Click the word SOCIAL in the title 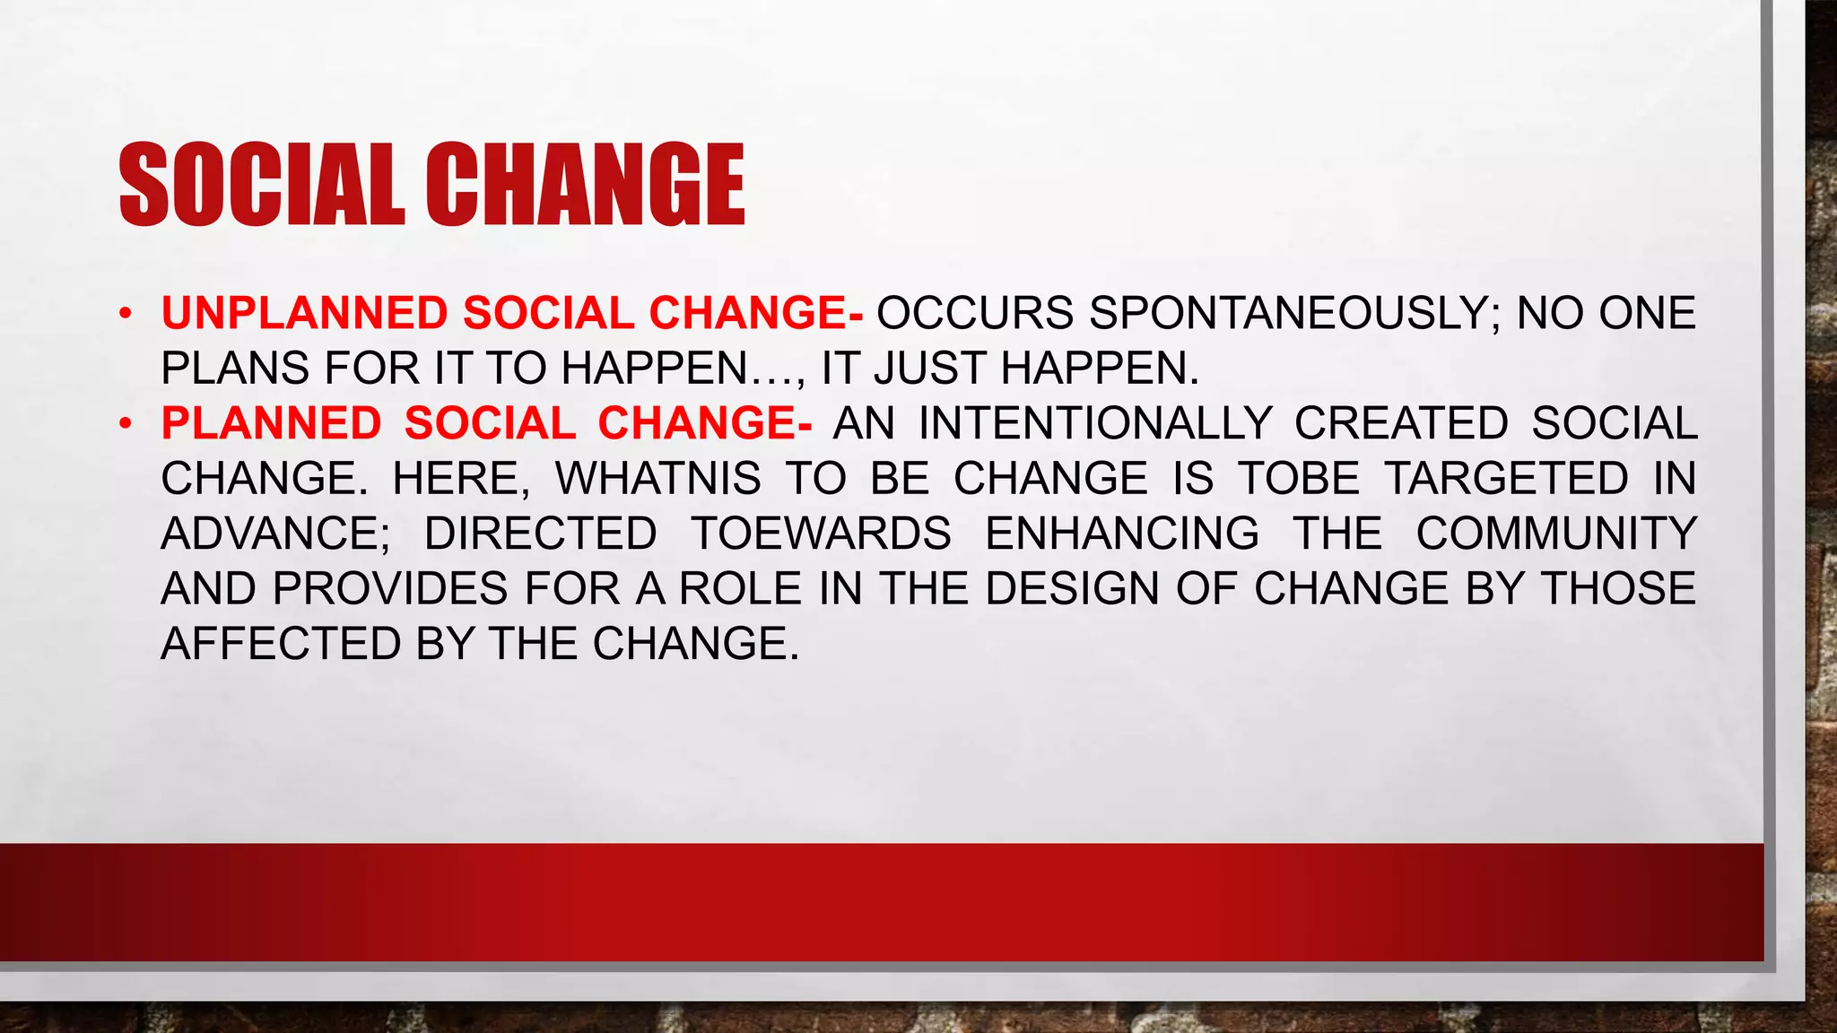pos(261,185)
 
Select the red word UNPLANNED pos(304,313)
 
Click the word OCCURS pos(975,313)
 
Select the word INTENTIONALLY pos(1095,423)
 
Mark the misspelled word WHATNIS pos(658,478)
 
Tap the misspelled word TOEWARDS pos(821,534)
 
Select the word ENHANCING pos(1122,534)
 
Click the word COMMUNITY pos(1556,534)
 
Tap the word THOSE pos(1618,589)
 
